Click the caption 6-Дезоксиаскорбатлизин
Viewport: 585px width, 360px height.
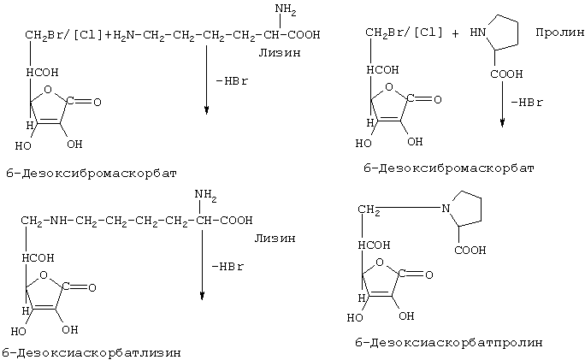(92, 352)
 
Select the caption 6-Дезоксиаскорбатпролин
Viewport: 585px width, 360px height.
(449, 342)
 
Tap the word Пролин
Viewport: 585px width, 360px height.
(559, 32)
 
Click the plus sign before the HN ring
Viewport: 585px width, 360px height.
(455, 34)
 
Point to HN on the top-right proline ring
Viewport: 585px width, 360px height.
(478, 32)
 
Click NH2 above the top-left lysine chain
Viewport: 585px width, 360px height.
(286, 9)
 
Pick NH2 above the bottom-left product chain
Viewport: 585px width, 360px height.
(205, 195)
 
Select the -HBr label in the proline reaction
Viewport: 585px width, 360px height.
(527, 103)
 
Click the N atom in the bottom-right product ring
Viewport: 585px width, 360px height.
(446, 208)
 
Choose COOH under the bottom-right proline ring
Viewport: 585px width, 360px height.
(470, 250)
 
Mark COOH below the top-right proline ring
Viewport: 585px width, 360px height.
(506, 74)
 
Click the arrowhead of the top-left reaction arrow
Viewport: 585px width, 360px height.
(206, 110)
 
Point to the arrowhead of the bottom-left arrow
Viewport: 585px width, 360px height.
(202, 296)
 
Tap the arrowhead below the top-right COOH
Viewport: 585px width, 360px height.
(503, 123)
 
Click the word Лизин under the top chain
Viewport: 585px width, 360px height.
(280, 53)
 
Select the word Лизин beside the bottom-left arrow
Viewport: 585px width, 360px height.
(275, 239)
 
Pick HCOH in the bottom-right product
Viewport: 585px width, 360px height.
(375, 245)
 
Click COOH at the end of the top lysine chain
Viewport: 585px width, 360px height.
(304, 35)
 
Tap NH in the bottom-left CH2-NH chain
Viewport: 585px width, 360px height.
(58, 220)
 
